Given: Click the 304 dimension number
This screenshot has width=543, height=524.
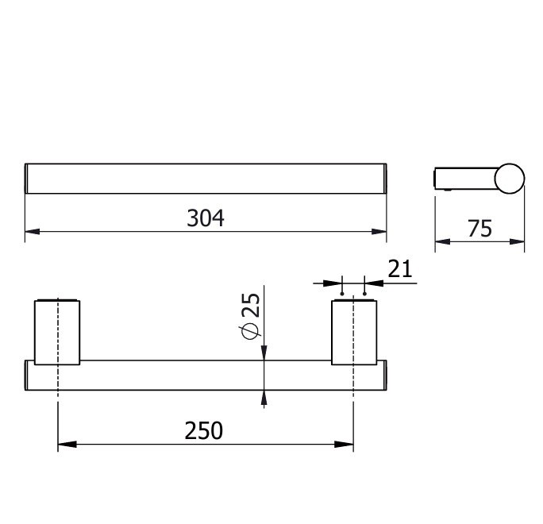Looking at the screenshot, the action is click(x=206, y=218).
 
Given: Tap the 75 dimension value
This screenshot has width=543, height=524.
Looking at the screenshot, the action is click(x=479, y=229).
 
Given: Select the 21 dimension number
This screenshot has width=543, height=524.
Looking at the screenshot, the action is click(x=400, y=268).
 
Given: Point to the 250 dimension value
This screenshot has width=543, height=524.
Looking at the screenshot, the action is click(x=203, y=430).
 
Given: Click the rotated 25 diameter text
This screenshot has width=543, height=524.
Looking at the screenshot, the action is click(x=251, y=305).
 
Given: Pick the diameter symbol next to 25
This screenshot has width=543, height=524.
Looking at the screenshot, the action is click(x=251, y=331).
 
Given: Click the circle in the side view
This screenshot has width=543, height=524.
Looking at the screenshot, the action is click(x=510, y=179).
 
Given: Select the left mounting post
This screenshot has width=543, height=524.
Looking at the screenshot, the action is click(x=57, y=332).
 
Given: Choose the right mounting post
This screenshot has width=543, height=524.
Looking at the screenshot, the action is click(x=354, y=332).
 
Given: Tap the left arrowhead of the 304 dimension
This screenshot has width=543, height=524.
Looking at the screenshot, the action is click(x=33, y=231).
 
